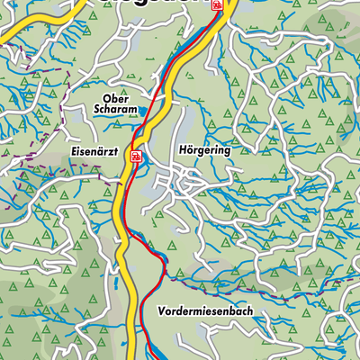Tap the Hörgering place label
click(199, 151)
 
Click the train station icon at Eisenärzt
click(135, 156)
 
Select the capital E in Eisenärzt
click(68, 154)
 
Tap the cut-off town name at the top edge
click(171, 4)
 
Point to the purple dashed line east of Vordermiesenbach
click(297, 290)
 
